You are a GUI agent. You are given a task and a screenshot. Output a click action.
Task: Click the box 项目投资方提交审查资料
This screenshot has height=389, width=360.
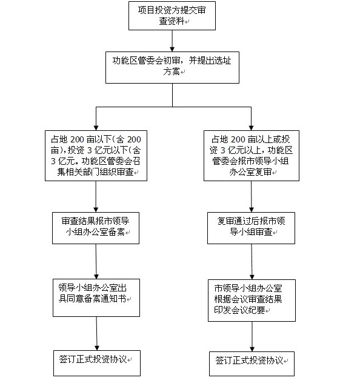(172, 16)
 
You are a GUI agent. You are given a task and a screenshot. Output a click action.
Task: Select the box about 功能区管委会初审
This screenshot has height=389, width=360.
(173, 67)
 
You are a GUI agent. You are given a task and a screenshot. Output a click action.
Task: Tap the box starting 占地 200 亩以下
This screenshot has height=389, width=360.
(96, 156)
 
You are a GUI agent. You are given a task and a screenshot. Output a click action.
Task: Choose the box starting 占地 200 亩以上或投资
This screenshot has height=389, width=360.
(252, 156)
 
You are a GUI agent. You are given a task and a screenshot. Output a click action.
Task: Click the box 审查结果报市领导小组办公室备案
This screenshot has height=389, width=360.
(96, 228)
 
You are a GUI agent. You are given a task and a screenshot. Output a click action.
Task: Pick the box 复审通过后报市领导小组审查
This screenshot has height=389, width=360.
(251, 228)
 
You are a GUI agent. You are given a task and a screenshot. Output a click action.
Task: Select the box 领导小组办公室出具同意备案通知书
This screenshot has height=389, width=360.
(96, 298)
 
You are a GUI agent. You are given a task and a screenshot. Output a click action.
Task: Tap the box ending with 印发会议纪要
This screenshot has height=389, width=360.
(252, 301)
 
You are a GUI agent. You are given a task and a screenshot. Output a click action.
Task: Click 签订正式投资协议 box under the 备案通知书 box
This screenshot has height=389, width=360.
(97, 363)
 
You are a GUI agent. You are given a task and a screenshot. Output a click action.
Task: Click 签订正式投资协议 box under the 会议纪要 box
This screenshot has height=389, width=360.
(252, 364)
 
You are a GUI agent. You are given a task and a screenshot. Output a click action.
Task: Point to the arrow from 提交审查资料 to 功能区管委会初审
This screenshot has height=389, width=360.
(172, 41)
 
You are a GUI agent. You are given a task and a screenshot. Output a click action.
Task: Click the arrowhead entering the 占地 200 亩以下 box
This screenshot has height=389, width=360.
(96, 128)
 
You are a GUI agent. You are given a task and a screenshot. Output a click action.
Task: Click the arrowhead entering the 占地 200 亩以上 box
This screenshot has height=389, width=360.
(252, 128)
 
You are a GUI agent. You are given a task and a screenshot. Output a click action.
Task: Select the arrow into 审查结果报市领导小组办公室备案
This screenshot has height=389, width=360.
(96, 196)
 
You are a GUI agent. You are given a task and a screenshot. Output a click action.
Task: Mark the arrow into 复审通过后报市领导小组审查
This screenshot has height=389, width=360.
(252, 196)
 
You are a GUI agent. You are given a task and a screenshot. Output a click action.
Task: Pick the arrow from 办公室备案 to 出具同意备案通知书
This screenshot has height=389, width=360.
(96, 262)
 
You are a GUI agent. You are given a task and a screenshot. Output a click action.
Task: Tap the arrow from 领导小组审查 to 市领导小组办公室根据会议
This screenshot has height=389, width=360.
(252, 262)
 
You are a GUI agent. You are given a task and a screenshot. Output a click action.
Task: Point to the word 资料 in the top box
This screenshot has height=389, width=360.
(176, 21)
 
